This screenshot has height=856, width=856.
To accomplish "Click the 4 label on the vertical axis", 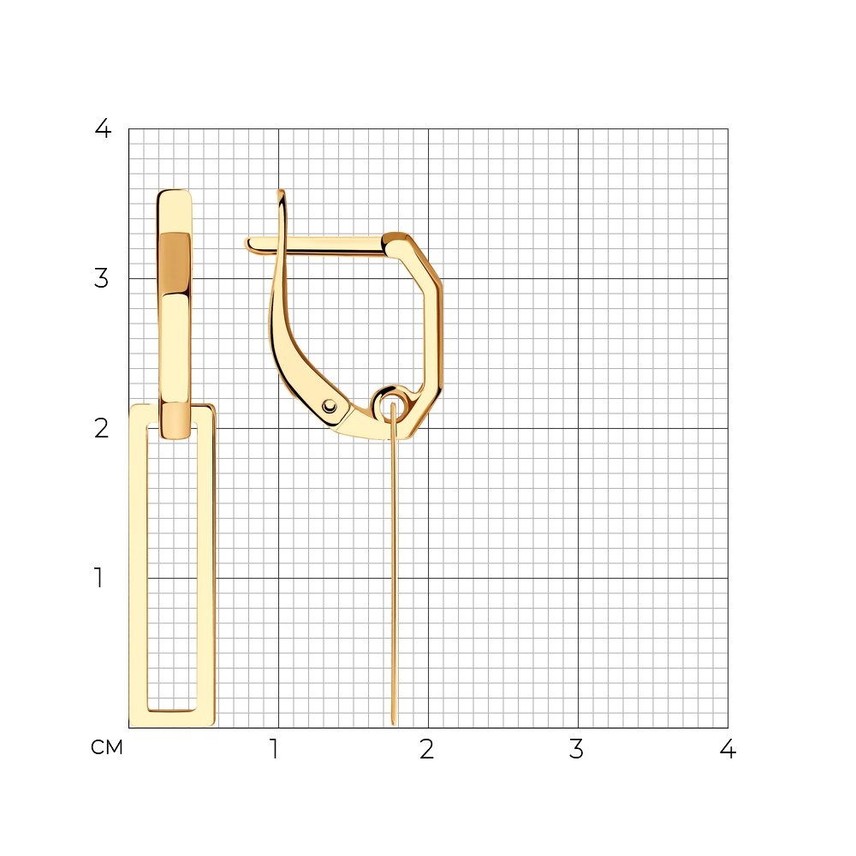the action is click(103, 128).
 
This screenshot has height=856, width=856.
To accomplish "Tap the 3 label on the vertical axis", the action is click(101, 278).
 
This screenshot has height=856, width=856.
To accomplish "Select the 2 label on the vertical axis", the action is click(101, 429).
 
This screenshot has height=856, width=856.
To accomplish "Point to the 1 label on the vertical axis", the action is click(98, 578).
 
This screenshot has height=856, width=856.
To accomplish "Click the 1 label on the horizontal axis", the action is click(275, 749).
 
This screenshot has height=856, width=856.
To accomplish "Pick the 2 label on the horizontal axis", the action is click(427, 749).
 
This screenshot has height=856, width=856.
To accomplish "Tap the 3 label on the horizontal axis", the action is click(576, 749).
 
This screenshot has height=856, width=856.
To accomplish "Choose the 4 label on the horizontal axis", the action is click(727, 749).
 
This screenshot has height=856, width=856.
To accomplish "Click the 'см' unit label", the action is click(107, 747).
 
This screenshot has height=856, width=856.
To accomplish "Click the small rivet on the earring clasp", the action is click(330, 406).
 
